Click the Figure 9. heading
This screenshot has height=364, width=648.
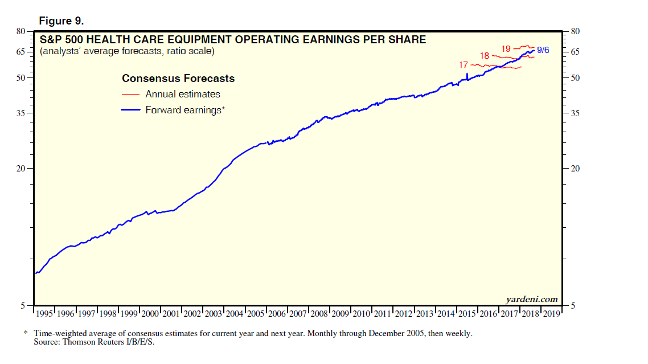pyautogui.click(x=61, y=21)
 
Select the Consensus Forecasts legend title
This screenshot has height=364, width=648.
pyautogui.click(x=178, y=79)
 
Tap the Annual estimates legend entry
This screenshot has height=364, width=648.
pyautogui.click(x=182, y=94)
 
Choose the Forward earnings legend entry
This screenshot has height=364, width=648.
pyautogui.click(x=185, y=111)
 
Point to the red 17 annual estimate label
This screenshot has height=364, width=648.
pyautogui.click(x=464, y=66)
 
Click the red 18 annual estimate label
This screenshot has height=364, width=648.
pyautogui.click(x=485, y=56)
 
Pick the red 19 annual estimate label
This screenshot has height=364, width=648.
pyautogui.click(x=506, y=48)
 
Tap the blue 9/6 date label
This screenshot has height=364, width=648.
pyautogui.click(x=543, y=51)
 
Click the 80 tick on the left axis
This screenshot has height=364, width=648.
pyautogui.click(x=20, y=32)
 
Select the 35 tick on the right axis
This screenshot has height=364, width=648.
pyautogui.click(x=575, y=113)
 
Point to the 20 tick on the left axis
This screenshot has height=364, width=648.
pyautogui.click(x=20, y=169)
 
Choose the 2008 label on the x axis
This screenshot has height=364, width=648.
pyautogui.click(x=319, y=314)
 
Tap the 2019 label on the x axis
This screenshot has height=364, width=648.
pyautogui.click(x=551, y=314)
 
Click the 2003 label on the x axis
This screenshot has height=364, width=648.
pyautogui.click(x=213, y=314)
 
